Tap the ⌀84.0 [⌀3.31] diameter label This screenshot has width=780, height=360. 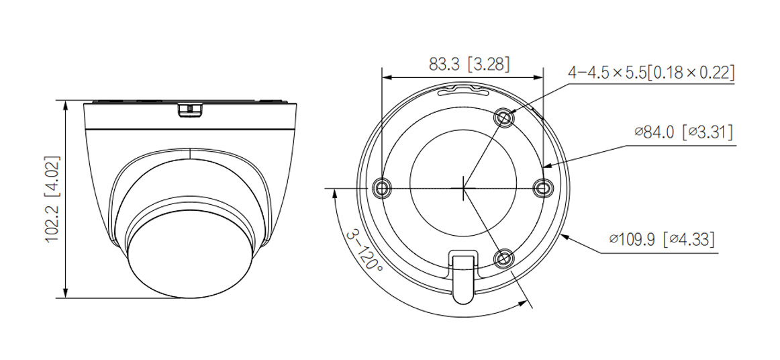click(x=683, y=132)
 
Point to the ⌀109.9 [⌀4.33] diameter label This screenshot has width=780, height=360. click(x=661, y=238)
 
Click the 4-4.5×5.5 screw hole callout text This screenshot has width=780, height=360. click(x=650, y=72)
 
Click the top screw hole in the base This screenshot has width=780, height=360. click(x=504, y=118)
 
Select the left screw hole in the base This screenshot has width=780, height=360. click(x=382, y=188)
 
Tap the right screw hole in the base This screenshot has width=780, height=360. click(x=542, y=188)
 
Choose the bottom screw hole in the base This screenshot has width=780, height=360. click(x=503, y=259)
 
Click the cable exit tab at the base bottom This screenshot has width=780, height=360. click(x=463, y=275)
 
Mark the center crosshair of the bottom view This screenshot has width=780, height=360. click(x=463, y=188)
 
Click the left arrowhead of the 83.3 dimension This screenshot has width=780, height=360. click(x=385, y=77)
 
